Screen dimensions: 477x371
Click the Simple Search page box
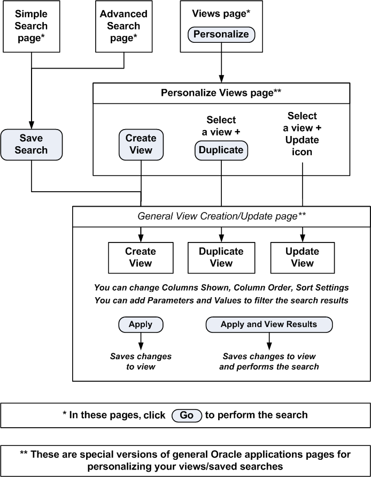point(31,26)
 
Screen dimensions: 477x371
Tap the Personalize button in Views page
point(221,35)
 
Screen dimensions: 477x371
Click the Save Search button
point(31,144)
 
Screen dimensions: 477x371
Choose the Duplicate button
point(221,150)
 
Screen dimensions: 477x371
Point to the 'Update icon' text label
point(302,146)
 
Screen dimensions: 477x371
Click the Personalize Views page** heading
point(221,93)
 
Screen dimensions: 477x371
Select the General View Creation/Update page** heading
point(221,216)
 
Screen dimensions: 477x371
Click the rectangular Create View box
point(141,257)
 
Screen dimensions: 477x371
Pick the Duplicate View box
point(221,257)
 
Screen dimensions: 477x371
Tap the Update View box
point(302,257)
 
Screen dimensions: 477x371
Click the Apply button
point(141,324)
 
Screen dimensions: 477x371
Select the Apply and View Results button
point(269,324)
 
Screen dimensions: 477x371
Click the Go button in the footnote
point(187,415)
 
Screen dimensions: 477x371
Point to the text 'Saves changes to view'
point(141,361)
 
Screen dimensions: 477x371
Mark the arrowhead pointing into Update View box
point(303,238)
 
